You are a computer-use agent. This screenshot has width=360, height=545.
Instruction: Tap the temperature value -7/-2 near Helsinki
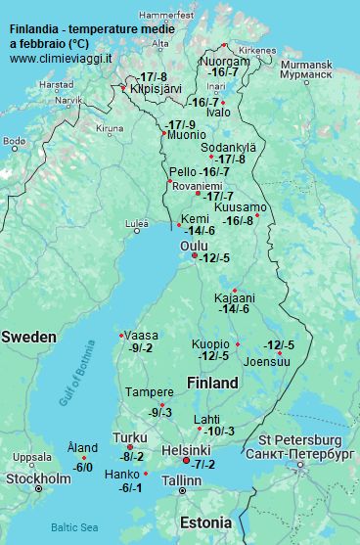(x=202, y=464)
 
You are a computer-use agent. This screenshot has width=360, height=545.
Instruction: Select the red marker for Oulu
(x=180, y=256)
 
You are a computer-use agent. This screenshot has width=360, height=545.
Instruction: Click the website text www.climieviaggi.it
(x=61, y=58)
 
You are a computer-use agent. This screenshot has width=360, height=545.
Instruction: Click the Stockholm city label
(x=38, y=478)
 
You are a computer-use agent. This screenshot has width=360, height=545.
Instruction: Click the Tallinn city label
(x=181, y=481)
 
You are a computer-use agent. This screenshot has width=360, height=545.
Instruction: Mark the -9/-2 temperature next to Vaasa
(x=141, y=347)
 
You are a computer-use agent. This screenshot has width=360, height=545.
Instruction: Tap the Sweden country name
(x=28, y=337)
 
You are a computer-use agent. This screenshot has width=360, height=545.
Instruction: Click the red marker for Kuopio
(x=238, y=343)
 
